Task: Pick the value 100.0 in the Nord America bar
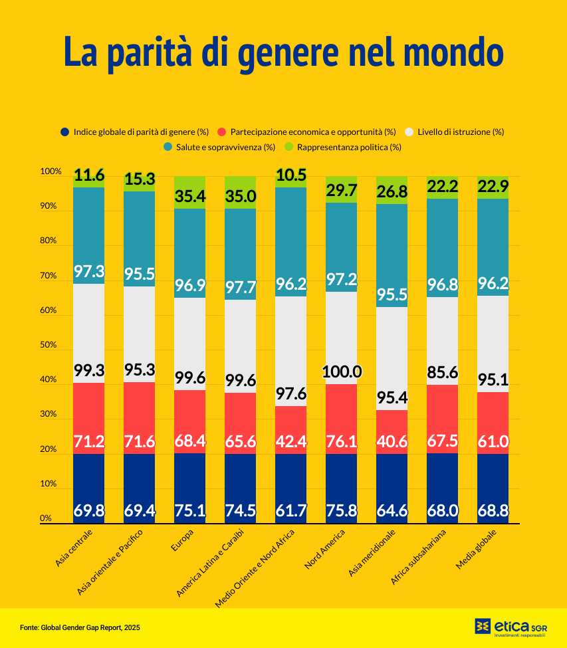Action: pyautogui.click(x=341, y=372)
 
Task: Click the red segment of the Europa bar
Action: pyautogui.click(x=189, y=421)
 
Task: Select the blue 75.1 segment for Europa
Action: pyautogui.click(x=189, y=488)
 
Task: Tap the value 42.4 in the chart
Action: pyautogui.click(x=290, y=441)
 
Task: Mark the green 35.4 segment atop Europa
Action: pyautogui.click(x=189, y=193)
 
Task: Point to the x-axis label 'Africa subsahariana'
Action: pyautogui.click(x=419, y=557)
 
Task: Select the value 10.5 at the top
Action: pyautogui.click(x=290, y=175)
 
